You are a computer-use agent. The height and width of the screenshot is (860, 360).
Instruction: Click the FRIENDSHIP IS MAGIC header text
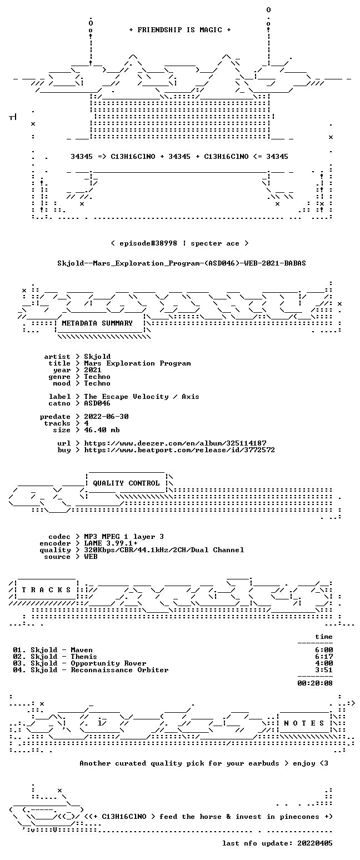coord(180,30)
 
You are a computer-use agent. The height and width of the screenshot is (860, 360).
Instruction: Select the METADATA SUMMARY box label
coord(97,323)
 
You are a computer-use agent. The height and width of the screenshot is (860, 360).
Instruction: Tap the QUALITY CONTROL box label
coord(126,483)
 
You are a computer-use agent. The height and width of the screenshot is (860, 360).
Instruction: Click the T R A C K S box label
coord(46,589)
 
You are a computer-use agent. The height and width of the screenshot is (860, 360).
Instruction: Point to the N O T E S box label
coord(304,723)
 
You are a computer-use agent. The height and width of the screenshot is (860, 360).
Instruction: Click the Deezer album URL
coord(176,443)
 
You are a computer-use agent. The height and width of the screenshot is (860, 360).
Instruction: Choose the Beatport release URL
coord(179,450)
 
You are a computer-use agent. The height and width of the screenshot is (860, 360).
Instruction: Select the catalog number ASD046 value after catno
coord(97,403)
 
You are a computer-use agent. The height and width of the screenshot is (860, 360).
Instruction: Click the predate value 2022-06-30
coord(106,417)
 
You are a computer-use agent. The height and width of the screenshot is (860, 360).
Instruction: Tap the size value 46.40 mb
coord(102,430)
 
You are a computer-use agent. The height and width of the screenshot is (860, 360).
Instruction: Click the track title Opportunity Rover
coord(109,663)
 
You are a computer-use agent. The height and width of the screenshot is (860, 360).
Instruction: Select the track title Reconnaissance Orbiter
coord(120,670)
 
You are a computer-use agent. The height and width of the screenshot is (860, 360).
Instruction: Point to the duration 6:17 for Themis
coord(324,657)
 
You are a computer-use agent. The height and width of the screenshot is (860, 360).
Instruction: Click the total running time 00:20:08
coord(315,683)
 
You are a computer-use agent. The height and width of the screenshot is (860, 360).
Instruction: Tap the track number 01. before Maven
coord(19,650)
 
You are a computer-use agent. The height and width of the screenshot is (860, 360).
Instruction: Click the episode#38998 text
coord(148,243)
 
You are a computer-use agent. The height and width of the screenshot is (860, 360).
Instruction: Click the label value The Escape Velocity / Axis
coord(142,397)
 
